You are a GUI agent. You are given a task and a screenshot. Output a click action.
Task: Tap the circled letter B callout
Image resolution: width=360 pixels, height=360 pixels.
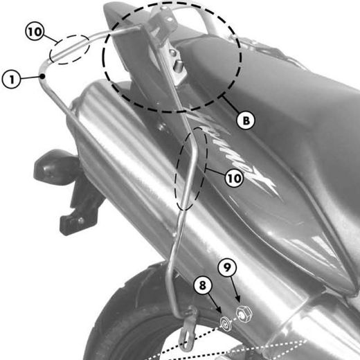pyautogui.click(x=245, y=120)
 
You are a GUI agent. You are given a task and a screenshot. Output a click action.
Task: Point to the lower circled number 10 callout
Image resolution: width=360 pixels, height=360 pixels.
pyautogui.click(x=234, y=178)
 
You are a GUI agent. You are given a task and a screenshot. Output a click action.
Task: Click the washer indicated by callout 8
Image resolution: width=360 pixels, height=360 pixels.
pyautogui.click(x=226, y=322)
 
